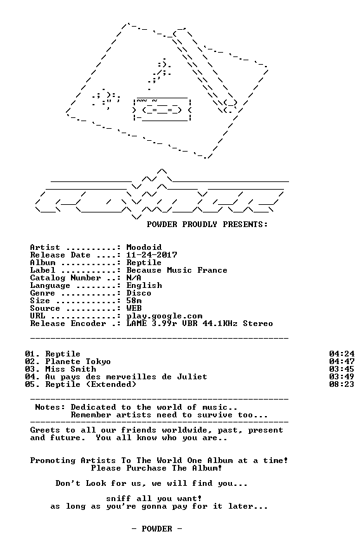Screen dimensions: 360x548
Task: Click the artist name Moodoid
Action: tap(144, 247)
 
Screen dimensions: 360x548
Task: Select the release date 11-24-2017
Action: tap(151, 255)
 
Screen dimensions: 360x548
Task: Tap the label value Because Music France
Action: tap(177, 270)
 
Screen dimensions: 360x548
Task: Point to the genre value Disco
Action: tap(139, 293)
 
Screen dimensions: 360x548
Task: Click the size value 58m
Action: tap(134, 301)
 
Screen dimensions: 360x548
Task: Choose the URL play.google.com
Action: tap(164, 316)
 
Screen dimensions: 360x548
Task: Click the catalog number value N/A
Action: tap(134, 278)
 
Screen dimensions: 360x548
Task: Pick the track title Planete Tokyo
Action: tap(78, 362)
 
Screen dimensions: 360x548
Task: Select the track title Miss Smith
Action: tap(70, 369)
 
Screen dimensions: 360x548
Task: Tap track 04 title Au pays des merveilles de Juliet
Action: tap(126, 377)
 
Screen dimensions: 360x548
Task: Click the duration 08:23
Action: tap(342, 384)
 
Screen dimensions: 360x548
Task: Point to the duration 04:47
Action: tap(342, 362)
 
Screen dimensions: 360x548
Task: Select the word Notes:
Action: tap(50, 407)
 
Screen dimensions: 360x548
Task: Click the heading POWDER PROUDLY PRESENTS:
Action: tap(207, 225)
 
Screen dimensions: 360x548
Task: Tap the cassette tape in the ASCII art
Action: tap(162, 110)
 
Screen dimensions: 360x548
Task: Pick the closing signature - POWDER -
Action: tap(157, 529)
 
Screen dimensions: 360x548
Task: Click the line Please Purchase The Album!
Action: tap(157, 468)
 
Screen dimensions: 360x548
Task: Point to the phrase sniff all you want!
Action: tap(154, 499)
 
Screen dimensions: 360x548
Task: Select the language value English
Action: tap(145, 286)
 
